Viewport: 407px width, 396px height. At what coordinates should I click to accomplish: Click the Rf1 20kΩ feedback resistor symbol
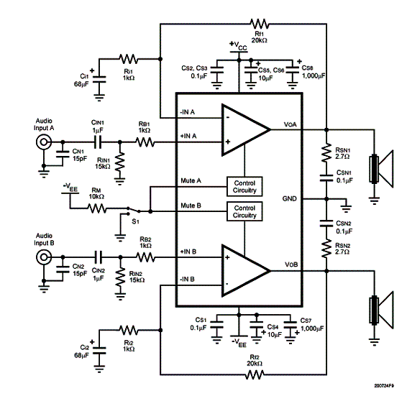(260, 24)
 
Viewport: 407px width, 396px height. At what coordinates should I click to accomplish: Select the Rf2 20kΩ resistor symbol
(255, 374)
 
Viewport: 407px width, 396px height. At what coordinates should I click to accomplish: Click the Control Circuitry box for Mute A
(244, 186)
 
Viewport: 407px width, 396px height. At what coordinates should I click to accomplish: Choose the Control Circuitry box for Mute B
(244, 211)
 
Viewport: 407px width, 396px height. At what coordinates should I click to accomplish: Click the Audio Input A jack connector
(43, 142)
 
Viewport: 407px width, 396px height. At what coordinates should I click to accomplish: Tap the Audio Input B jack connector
(44, 257)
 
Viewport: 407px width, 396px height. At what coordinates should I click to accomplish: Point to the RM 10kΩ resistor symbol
(97, 208)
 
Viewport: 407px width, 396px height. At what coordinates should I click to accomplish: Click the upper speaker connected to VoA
(381, 169)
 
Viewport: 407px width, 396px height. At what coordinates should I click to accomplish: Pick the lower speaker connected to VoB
(381, 310)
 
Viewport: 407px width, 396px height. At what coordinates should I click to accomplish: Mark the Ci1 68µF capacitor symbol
(99, 79)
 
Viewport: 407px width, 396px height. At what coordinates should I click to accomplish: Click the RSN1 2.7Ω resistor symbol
(326, 152)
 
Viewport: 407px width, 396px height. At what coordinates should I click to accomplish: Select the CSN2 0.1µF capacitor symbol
(326, 224)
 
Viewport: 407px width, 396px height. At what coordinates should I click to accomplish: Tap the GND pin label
(289, 199)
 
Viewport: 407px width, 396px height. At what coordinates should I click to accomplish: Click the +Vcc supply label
(238, 46)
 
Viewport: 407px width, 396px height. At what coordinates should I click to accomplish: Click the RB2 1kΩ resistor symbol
(146, 257)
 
